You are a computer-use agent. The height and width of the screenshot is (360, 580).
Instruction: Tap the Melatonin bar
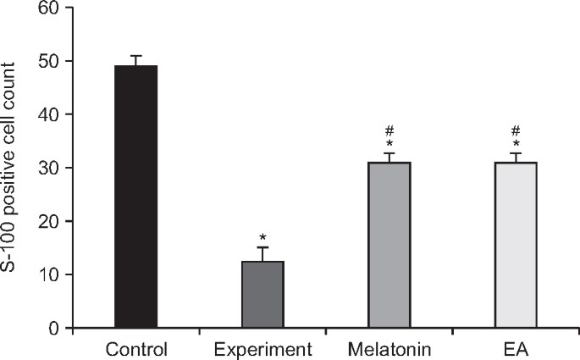[389, 245]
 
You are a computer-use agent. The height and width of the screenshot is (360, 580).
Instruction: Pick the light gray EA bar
[516, 245]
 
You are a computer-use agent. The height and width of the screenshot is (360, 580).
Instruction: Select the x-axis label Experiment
[262, 348]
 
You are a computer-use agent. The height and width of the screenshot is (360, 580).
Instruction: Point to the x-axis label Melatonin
[389, 348]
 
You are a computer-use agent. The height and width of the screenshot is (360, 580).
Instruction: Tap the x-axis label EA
[516, 348]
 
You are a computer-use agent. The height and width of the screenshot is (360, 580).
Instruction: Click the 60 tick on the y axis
[53, 8]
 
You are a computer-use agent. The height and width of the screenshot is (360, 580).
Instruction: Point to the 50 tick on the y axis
[53, 61]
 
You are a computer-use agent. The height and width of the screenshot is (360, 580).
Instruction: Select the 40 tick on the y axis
[53, 114]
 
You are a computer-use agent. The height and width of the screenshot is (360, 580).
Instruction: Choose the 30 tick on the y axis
[53, 168]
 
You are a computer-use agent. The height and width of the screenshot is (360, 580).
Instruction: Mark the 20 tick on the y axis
[53, 221]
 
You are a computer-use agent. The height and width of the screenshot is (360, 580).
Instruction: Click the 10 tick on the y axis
[53, 274]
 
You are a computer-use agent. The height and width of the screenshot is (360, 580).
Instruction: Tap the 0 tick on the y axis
[58, 328]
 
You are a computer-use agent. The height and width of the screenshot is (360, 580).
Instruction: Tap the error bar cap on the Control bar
[135, 56]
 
